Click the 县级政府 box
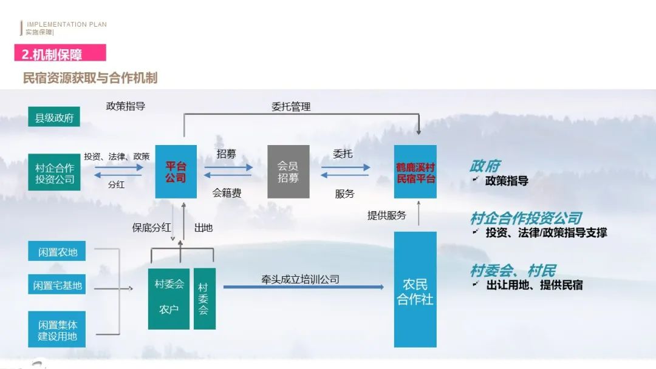54,118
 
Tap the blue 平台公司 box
176,172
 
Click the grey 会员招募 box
289,172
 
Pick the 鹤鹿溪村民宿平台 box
415,172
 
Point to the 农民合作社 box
415,289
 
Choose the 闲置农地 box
57,252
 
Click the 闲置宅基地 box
57,285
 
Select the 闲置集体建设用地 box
57,330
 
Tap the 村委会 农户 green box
169,298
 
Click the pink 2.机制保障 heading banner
60,53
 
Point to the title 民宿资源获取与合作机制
90,78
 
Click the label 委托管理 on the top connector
291,107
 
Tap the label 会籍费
227,194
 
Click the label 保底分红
152,228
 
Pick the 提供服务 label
387,215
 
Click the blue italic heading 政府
485,166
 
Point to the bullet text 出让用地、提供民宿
535,285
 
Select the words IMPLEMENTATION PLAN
67,24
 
